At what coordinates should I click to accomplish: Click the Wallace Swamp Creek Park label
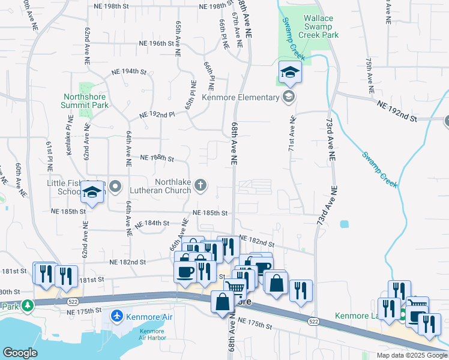point(322,27)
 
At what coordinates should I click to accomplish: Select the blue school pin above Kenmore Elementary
point(290,73)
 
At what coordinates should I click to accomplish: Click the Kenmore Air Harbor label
point(152,334)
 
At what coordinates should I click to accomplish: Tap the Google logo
point(20,353)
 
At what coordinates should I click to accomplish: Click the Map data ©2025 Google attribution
point(411,355)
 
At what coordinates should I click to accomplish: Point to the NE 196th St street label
point(154,43)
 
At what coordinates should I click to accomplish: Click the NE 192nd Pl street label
point(157,114)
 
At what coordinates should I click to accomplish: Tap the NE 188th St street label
point(157,158)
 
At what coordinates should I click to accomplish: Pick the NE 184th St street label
point(152,223)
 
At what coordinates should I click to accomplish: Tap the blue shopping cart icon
point(235,289)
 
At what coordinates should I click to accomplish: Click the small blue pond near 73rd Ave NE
point(344,224)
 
